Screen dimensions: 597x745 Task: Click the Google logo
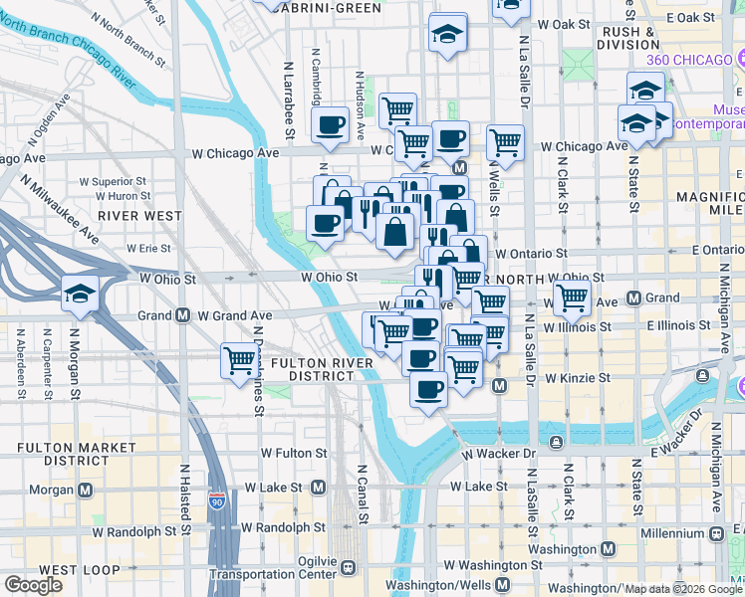click(x=35, y=585)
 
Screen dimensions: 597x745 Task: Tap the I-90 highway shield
click(x=217, y=501)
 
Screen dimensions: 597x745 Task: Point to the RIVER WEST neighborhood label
click(x=140, y=215)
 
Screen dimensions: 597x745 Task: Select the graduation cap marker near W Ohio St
click(x=80, y=294)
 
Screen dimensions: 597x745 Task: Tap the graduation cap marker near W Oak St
click(x=448, y=34)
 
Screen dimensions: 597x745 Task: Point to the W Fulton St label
click(x=294, y=453)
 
